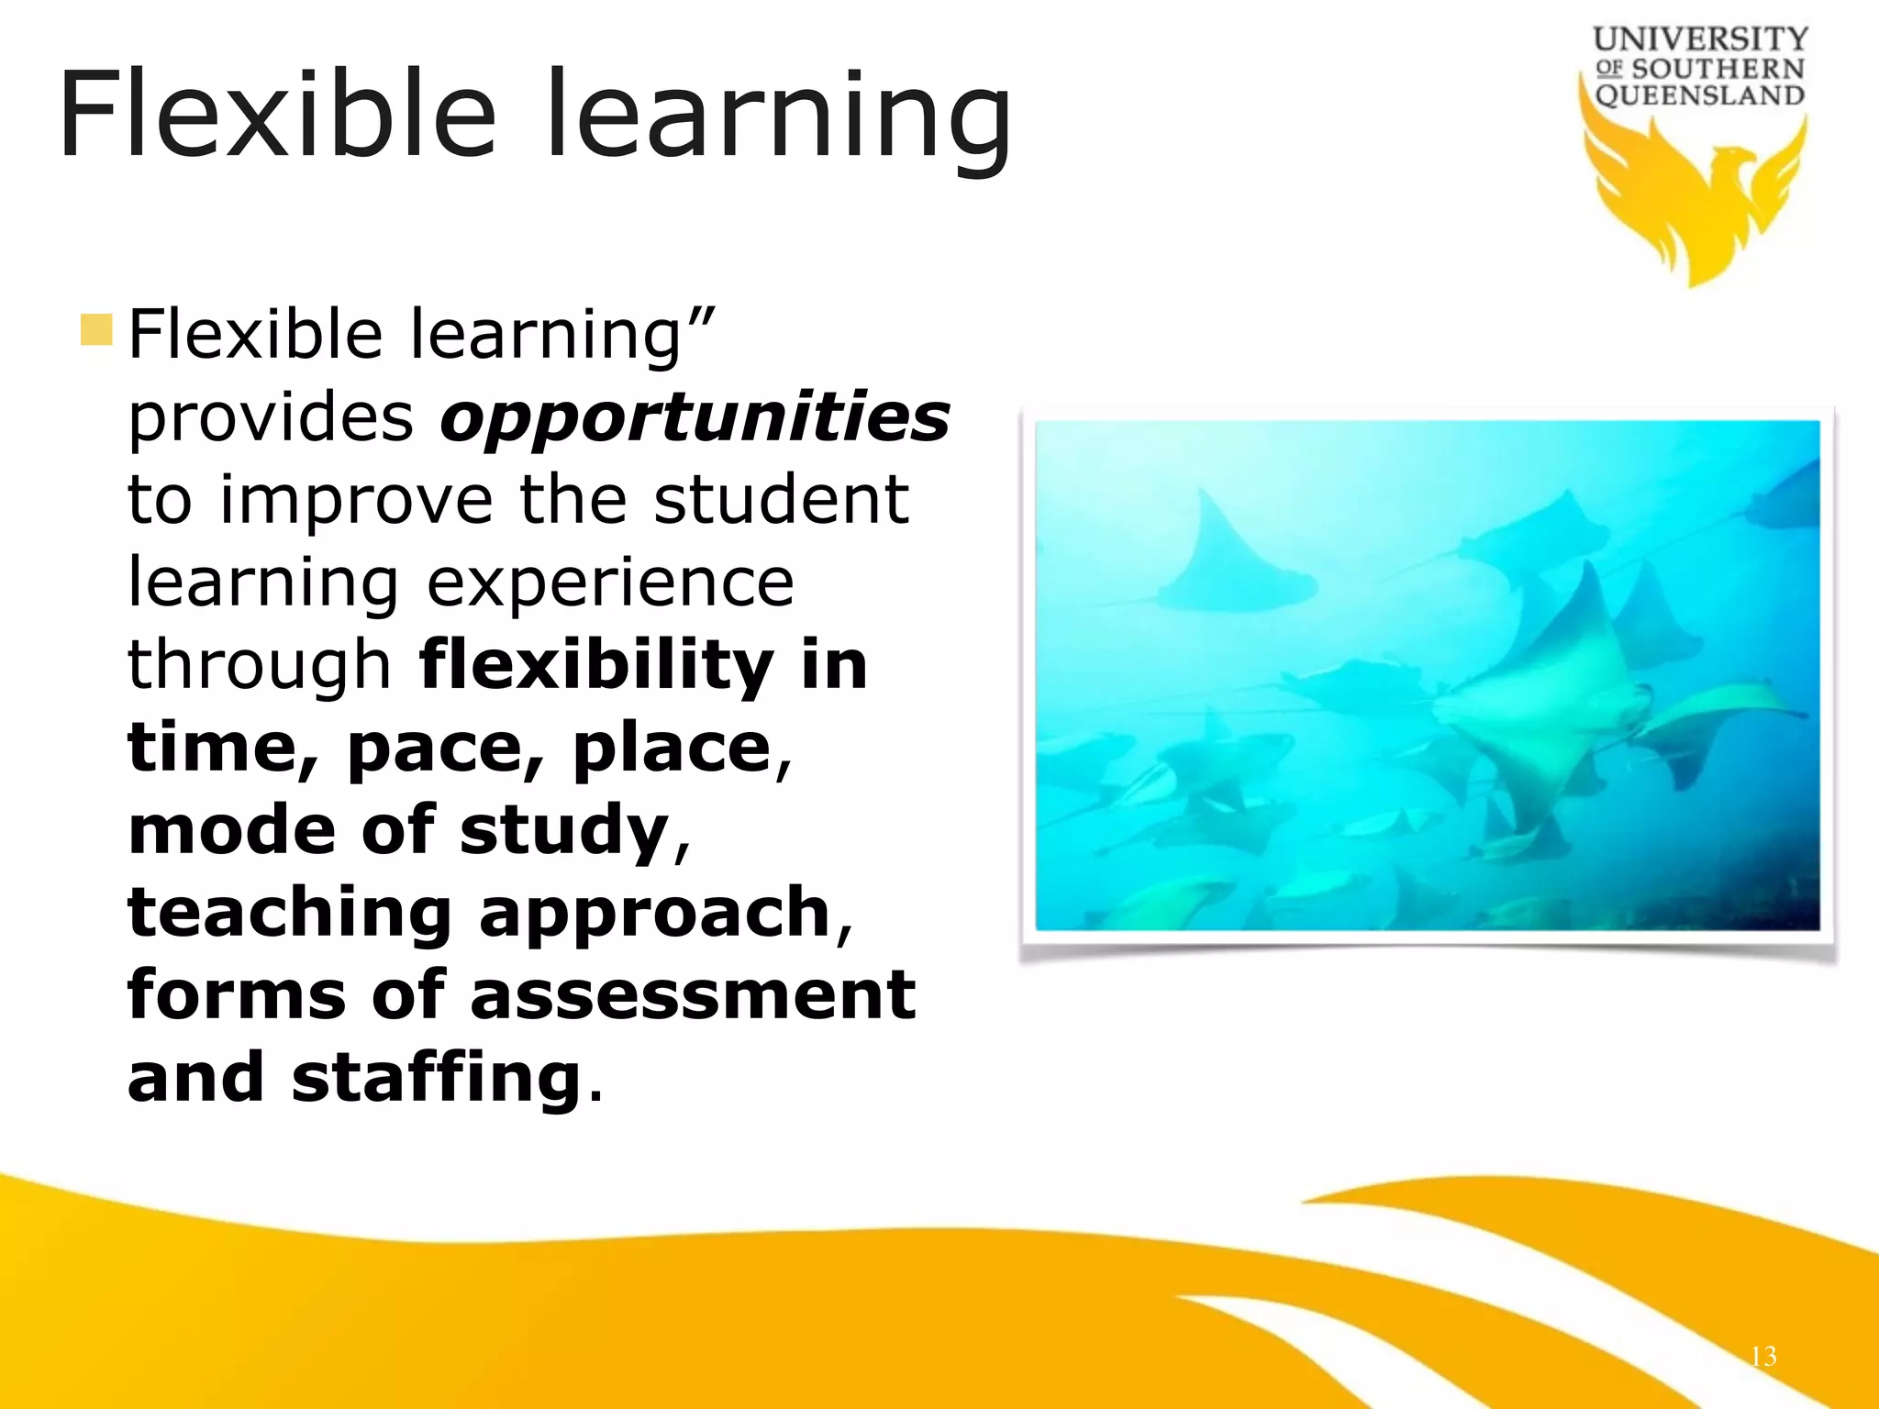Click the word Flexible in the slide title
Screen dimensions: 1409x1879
click(x=276, y=115)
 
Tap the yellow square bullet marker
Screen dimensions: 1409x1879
click(x=96, y=330)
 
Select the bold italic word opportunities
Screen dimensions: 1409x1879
click(x=695, y=418)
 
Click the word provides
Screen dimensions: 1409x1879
click(x=271, y=418)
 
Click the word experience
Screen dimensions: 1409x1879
click(x=610, y=583)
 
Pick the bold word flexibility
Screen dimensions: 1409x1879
click(x=596, y=664)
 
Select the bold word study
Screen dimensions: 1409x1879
click(x=564, y=829)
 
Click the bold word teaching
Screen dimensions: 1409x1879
click(x=290, y=914)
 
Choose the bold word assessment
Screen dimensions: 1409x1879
click(x=693, y=994)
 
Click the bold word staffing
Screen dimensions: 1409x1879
click(x=436, y=1079)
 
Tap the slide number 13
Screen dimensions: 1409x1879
click(x=1762, y=1356)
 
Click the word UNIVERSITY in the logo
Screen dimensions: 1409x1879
click(x=1700, y=39)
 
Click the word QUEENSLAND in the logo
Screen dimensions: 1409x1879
click(x=1700, y=95)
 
